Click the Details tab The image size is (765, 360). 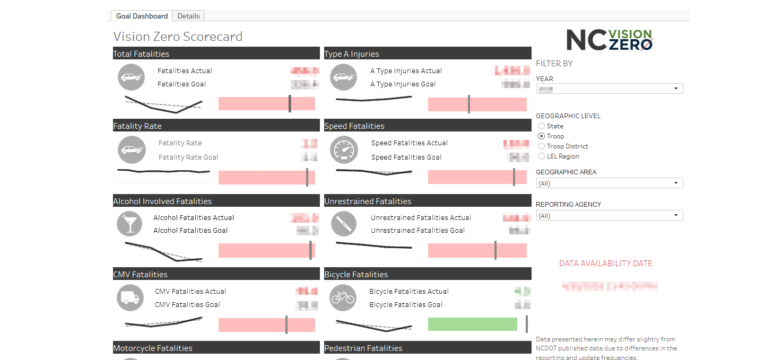188,16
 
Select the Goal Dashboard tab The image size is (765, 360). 142,16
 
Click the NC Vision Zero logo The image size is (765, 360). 610,40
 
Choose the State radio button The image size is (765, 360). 541,126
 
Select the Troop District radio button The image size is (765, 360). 541,146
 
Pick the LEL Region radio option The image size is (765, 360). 541,156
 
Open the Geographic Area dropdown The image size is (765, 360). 609,183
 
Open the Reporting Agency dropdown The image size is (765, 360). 609,216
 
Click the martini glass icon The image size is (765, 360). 129,224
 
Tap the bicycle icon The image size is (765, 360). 342,297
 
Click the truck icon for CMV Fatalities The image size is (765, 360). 129,297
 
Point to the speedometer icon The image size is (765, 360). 344,150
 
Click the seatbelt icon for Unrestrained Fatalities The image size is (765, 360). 344,224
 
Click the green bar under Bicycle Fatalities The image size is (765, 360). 472,324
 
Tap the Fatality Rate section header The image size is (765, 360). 137,126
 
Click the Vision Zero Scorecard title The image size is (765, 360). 178,37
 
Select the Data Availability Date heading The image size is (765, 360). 605,264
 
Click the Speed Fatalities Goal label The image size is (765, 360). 406,157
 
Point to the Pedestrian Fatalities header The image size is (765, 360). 363,348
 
